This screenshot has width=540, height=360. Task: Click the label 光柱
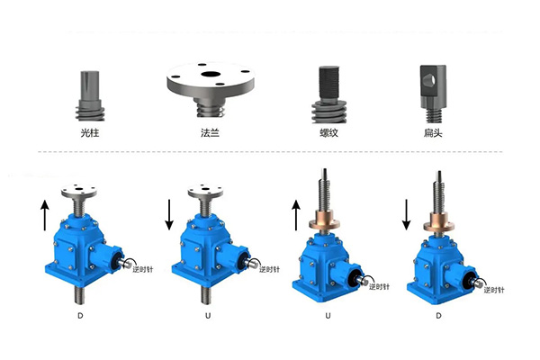pos(89,132)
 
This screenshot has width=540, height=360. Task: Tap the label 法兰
pos(210,132)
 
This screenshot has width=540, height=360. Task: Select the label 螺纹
pos(328,132)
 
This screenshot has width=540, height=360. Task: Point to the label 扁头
pos(433,132)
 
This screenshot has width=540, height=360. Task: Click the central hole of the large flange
pos(211,74)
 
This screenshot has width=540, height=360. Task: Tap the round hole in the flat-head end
pos(429,81)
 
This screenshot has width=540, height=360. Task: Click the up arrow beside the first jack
pos(45,216)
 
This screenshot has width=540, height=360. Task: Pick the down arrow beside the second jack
pos(169,214)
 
